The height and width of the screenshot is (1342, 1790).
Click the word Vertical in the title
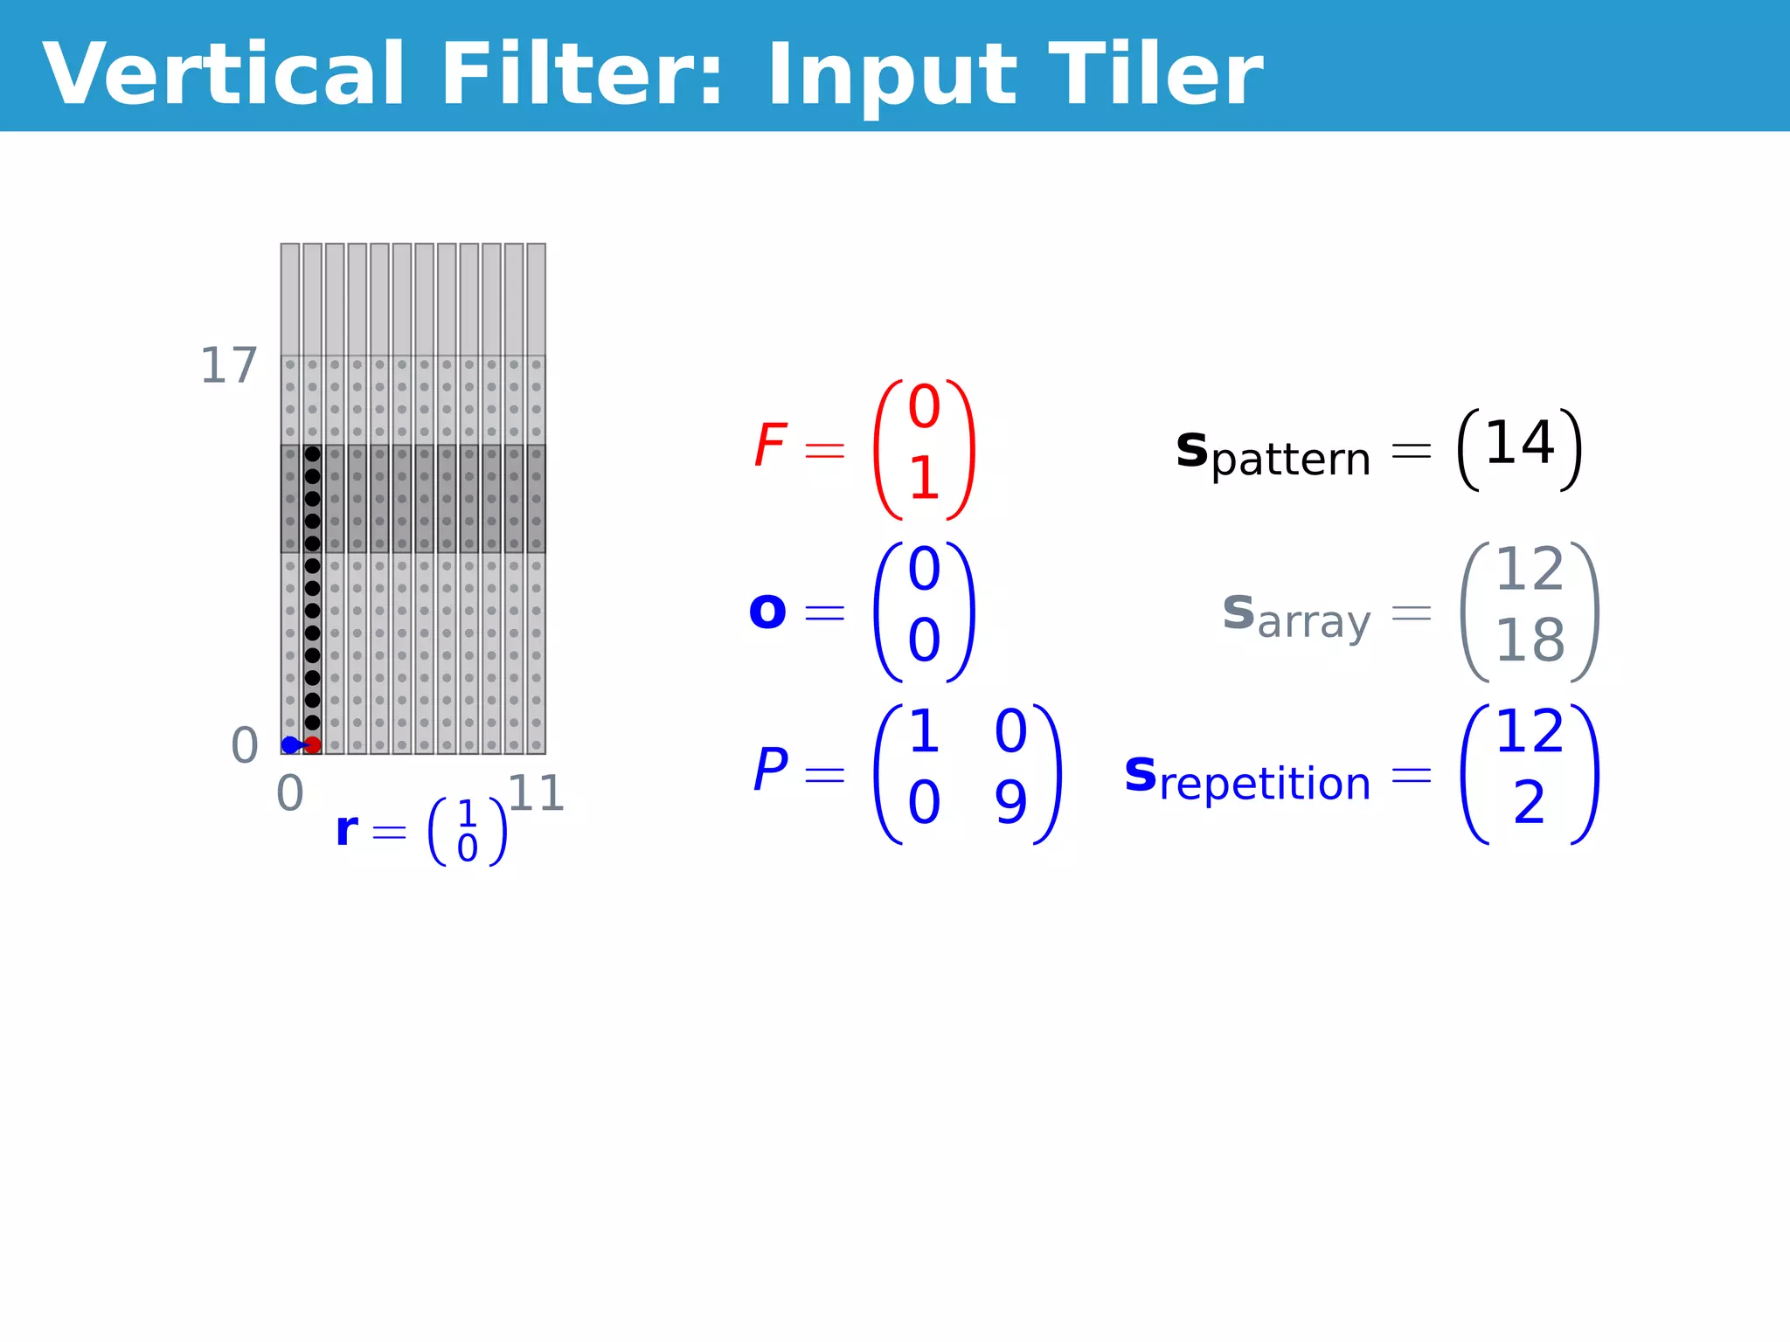pyautogui.click(x=224, y=75)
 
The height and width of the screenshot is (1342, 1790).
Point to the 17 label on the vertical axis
pyautogui.click(x=229, y=366)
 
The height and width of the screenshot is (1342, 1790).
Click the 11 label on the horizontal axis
pyautogui.click(x=536, y=794)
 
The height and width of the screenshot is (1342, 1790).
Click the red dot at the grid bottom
pyautogui.click(x=313, y=745)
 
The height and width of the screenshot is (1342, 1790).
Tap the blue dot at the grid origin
pyautogui.click(x=290, y=745)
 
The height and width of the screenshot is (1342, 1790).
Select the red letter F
pyautogui.click(x=770, y=446)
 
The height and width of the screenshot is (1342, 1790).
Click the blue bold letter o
pyautogui.click(x=767, y=611)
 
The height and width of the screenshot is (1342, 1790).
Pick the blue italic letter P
pyautogui.click(x=770, y=771)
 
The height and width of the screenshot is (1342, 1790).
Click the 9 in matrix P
pyautogui.click(x=1010, y=802)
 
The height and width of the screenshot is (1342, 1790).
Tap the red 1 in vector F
pyautogui.click(x=924, y=479)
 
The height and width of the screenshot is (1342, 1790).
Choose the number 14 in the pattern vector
pyautogui.click(x=1520, y=443)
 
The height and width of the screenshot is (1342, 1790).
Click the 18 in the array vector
pyautogui.click(x=1530, y=640)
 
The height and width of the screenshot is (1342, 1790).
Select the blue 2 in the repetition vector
pyautogui.click(x=1530, y=802)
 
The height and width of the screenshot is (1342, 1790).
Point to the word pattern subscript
pyautogui.click(x=1291, y=460)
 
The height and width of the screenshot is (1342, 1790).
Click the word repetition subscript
pyautogui.click(x=1265, y=784)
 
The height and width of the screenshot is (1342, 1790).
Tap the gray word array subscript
pyautogui.click(x=1314, y=623)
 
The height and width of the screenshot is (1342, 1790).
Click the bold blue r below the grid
pyautogui.click(x=347, y=829)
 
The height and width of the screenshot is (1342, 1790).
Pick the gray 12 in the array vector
pyautogui.click(x=1530, y=570)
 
